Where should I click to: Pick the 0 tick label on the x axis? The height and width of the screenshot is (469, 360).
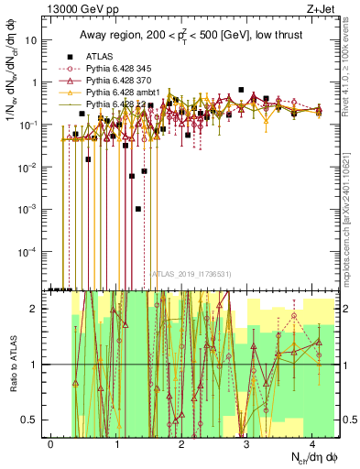coord(51,442)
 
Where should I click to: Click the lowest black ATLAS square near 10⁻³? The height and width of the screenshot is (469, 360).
coord(137,209)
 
